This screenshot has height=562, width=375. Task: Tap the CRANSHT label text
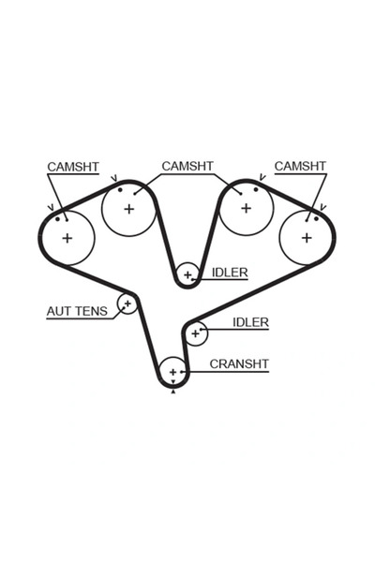coord(239,363)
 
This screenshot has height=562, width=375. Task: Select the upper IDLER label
coord(230,273)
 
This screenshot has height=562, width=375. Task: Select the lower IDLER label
coord(250,322)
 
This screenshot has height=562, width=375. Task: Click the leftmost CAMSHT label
coord(72,167)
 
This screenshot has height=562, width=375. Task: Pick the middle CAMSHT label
coord(187,166)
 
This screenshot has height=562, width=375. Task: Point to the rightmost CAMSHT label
coord(300,166)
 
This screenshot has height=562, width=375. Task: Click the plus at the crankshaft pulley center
coord(172,373)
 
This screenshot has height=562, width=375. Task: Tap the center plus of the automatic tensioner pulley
coord(127,303)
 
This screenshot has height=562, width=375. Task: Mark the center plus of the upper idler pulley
coord(187,274)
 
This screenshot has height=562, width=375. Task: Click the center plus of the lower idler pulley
coord(195,332)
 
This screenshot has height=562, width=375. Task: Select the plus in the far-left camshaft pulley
coord(67,238)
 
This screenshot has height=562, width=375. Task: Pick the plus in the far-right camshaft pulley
coord(307,237)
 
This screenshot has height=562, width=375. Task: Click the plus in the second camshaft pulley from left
coord(128,208)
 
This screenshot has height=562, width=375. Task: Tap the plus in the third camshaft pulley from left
coord(246,208)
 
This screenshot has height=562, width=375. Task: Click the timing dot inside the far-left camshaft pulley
coord(58,219)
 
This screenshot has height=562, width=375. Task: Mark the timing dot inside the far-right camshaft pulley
coord(316,218)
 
